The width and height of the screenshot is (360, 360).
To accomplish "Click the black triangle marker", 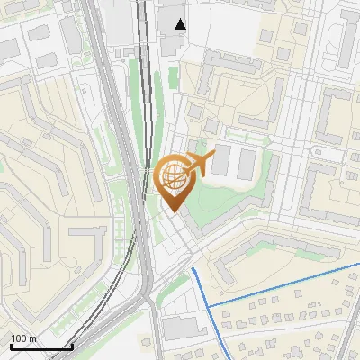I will [x=181, y=24].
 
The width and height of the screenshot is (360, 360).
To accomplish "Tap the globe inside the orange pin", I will [x=172, y=176].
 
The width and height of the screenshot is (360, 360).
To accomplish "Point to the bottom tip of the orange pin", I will [x=172, y=213].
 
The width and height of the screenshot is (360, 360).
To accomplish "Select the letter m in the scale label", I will [x=33, y=338].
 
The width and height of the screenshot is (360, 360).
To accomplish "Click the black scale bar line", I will [x=40, y=346].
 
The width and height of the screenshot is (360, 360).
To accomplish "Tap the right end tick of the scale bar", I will [x=72, y=345].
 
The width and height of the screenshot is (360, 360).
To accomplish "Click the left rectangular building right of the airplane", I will [x=221, y=161].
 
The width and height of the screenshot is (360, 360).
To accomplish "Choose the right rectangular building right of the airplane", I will [x=246, y=161].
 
